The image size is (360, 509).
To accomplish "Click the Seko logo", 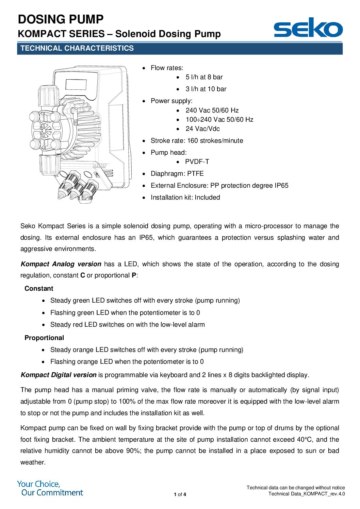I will click(x=308, y=28).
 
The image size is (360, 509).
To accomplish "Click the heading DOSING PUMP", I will click(x=61, y=19).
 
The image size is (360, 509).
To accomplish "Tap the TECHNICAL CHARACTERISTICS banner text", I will click(x=77, y=48).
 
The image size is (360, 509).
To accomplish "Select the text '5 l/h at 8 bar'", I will click(x=204, y=77).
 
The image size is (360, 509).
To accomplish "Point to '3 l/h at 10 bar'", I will click(x=206, y=89).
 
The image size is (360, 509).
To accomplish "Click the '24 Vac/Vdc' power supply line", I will click(x=202, y=129).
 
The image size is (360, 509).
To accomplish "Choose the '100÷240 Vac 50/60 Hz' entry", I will click(x=219, y=120).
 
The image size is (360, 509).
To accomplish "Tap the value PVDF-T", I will click(x=197, y=162).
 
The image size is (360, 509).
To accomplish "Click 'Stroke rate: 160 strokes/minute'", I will click(x=197, y=141).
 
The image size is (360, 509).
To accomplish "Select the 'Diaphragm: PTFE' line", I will click(x=177, y=174).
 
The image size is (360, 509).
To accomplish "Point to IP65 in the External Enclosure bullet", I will click(x=281, y=186).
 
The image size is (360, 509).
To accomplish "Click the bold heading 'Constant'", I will click(x=39, y=289).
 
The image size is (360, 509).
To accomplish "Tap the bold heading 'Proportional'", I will click(x=44, y=338).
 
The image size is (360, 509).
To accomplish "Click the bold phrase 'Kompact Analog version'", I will click(x=61, y=264).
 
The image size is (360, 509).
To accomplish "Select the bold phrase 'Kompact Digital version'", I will click(x=59, y=375).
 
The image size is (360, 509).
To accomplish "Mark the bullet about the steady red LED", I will click(x=127, y=325).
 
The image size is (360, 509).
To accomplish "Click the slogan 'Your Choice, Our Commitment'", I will click(x=50, y=488).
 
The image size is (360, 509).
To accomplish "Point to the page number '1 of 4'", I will click(x=180, y=494).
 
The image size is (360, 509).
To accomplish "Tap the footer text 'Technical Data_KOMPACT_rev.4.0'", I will click(x=306, y=494).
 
